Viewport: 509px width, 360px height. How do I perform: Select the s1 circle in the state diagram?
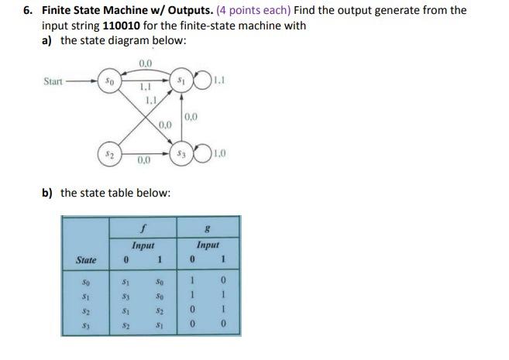(181, 80)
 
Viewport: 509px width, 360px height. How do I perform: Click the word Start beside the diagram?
(53, 80)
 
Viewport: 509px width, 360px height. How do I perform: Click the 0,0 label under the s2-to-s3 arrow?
(144, 161)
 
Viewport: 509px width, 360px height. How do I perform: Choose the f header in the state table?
(143, 230)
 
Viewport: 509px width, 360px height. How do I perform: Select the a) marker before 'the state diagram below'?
(47, 39)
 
